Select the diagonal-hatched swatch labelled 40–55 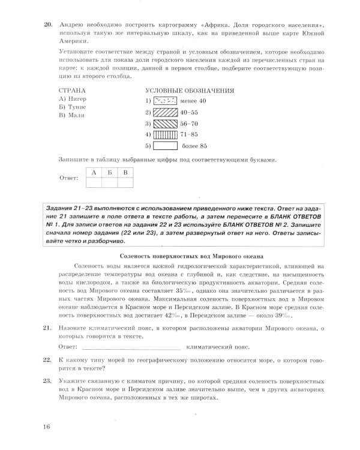pos(165,112)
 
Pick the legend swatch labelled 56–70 pos(165,123)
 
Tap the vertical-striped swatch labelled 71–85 pos(165,134)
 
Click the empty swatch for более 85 pos(165,146)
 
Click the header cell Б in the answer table pos(109,172)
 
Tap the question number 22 pos(46,359)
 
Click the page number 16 pos(47,427)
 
